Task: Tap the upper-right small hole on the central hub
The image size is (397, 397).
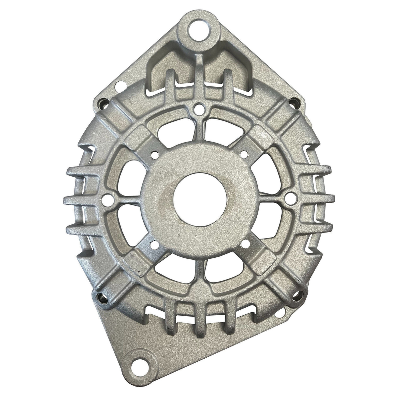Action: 244,153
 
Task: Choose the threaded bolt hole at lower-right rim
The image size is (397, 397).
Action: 295,294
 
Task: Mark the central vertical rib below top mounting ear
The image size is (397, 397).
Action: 199,74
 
